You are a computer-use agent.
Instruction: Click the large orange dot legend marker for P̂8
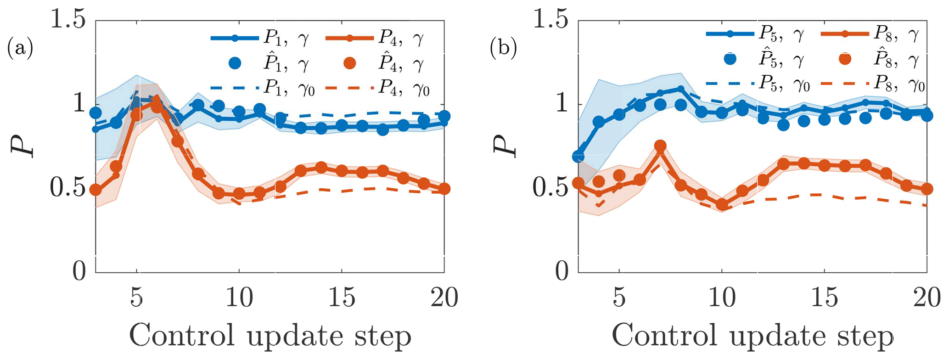tap(844, 59)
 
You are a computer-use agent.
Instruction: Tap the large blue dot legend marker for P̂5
tap(729, 59)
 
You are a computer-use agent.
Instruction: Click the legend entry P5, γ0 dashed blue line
tap(729, 84)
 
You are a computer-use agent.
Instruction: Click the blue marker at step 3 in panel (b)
tap(578, 157)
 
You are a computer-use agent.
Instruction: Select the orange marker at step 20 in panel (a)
tap(444, 189)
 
